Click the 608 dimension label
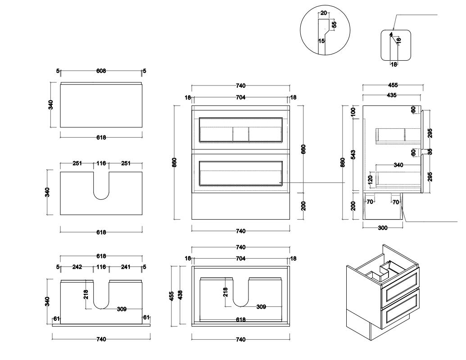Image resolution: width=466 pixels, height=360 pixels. [101, 71]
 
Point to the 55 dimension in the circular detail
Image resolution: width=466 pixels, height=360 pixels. [334, 24]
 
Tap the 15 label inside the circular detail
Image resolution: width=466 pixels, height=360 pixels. [321, 40]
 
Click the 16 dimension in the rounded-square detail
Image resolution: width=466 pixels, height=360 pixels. [398, 40]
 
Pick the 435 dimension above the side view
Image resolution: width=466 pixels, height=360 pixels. [391, 95]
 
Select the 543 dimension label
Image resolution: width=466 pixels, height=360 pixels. [353, 154]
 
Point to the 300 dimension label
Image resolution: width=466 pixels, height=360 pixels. [382, 228]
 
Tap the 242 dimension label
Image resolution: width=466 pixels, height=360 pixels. [77, 267]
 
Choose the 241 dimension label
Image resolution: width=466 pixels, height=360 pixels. [126, 267]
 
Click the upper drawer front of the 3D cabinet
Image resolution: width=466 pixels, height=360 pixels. [400, 288]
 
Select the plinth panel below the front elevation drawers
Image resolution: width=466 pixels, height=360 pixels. [240, 206]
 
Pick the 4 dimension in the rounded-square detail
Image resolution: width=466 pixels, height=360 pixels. [391, 34]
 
